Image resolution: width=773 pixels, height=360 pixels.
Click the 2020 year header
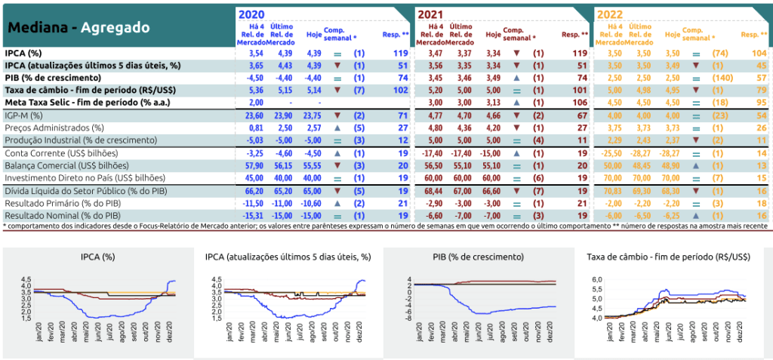[x=252, y=14]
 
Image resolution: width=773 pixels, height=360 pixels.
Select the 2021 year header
[x=431, y=14]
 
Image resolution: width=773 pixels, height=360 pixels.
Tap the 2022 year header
[x=609, y=14]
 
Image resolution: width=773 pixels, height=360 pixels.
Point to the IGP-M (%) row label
[x=23, y=115]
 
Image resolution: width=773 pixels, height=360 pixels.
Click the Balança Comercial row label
[x=48, y=165]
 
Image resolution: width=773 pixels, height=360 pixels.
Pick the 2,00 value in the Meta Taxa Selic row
[x=255, y=103]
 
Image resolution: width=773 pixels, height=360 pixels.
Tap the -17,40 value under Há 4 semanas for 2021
[x=432, y=153]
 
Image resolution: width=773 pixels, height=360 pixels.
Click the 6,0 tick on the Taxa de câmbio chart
[x=596, y=280]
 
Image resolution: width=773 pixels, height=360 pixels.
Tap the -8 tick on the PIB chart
[x=407, y=318]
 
